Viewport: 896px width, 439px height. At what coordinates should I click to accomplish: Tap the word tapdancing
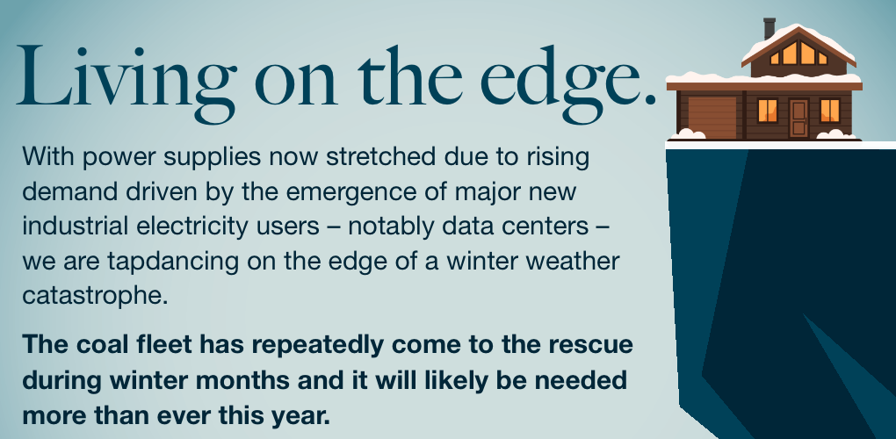pyautogui.click(x=174, y=262)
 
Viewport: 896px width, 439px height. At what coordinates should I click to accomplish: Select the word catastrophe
pyautogui.click(x=95, y=296)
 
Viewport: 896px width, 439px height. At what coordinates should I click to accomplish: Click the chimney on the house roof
pyautogui.click(x=770, y=28)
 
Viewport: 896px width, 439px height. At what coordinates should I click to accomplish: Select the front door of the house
pyautogui.click(x=798, y=119)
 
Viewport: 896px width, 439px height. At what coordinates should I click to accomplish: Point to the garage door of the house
pyautogui.click(x=712, y=117)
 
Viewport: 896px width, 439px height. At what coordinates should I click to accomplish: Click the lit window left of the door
pyautogui.click(x=768, y=110)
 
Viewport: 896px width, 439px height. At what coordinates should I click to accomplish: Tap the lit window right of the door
pyautogui.click(x=830, y=110)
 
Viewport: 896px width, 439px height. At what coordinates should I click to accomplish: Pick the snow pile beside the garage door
pyautogui.click(x=688, y=134)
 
